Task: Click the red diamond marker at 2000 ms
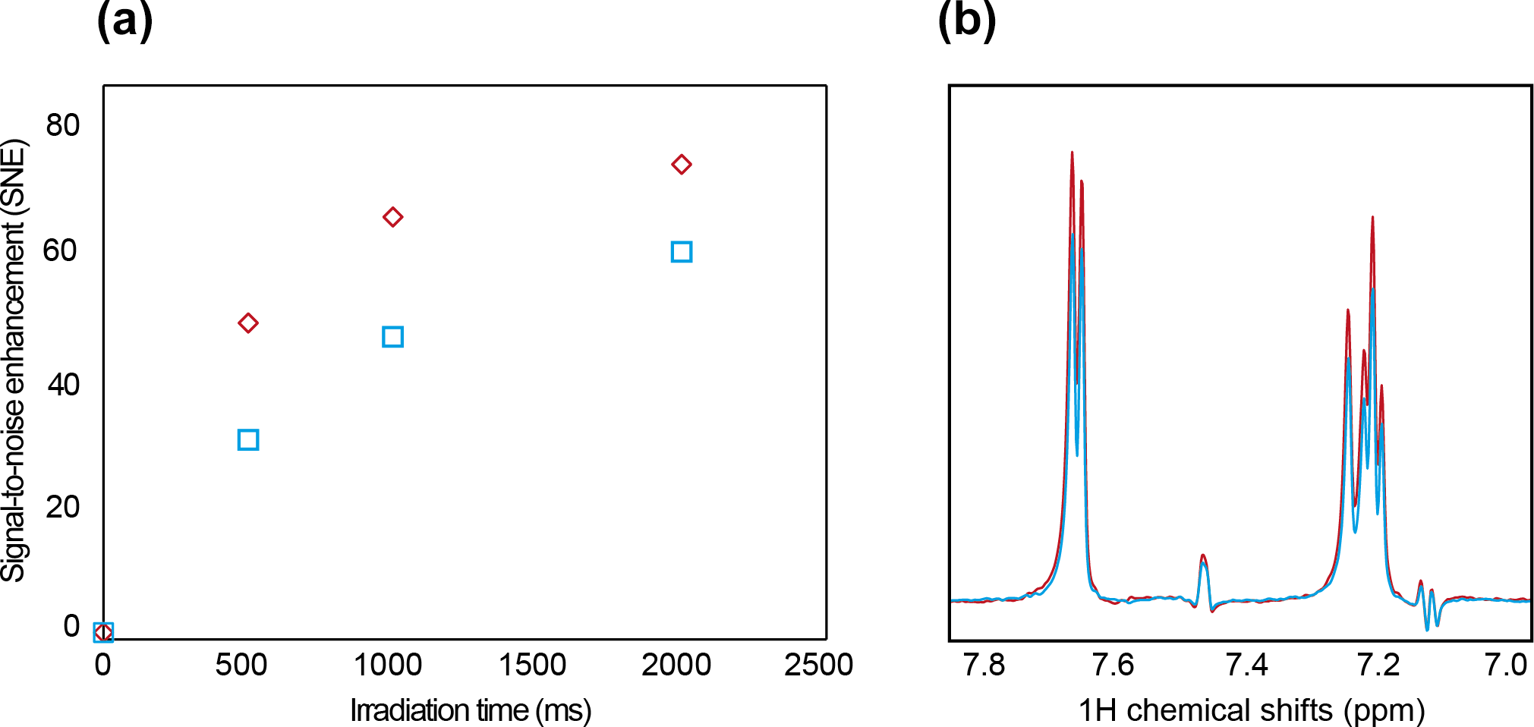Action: click(x=681, y=165)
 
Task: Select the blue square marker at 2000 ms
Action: click(x=681, y=252)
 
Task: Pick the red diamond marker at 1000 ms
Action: click(x=392, y=218)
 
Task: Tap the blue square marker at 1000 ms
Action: click(x=392, y=337)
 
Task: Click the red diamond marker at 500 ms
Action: click(x=248, y=323)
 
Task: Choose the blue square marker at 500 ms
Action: click(x=248, y=440)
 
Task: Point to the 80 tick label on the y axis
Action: click(x=62, y=125)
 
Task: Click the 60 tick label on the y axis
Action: click(x=61, y=250)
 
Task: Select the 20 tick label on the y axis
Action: click(x=62, y=506)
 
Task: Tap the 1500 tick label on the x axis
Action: click(x=532, y=665)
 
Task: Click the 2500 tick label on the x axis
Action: click(x=818, y=665)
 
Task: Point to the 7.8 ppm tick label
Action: click(x=984, y=665)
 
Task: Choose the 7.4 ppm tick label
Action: click(x=1247, y=665)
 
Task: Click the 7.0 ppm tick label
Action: click(x=1506, y=665)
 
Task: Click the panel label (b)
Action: click(x=966, y=20)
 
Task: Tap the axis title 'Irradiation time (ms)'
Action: click(x=471, y=710)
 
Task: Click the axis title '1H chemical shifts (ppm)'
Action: click(x=1252, y=710)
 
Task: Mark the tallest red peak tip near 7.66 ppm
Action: click(x=1072, y=153)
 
